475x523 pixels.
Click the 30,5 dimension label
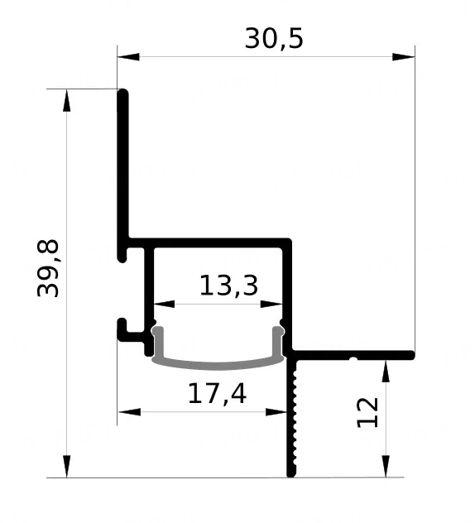[x=274, y=39]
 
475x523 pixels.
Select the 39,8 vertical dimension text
[x=48, y=268]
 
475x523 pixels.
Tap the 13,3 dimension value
[x=228, y=285]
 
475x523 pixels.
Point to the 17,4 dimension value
[x=217, y=394]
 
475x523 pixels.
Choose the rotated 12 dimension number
[x=367, y=413]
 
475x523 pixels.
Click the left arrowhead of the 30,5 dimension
[x=128, y=57]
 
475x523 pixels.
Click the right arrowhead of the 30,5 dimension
[x=404, y=57]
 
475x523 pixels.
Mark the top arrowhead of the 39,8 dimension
[x=67, y=100]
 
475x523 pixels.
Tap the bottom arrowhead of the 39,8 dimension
[x=67, y=466]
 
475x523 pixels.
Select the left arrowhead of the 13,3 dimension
[x=164, y=305]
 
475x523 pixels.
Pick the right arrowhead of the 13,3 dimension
[x=271, y=305]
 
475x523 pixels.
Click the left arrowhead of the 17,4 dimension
[x=129, y=412]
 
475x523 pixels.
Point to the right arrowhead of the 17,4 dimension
[x=276, y=412]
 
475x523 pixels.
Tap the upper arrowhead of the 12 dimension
[x=386, y=372]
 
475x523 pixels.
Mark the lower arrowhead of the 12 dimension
[x=386, y=466]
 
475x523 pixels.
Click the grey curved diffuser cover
[x=218, y=365]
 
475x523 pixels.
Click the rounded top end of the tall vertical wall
[x=122, y=94]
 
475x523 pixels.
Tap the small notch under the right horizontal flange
[x=353, y=359]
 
